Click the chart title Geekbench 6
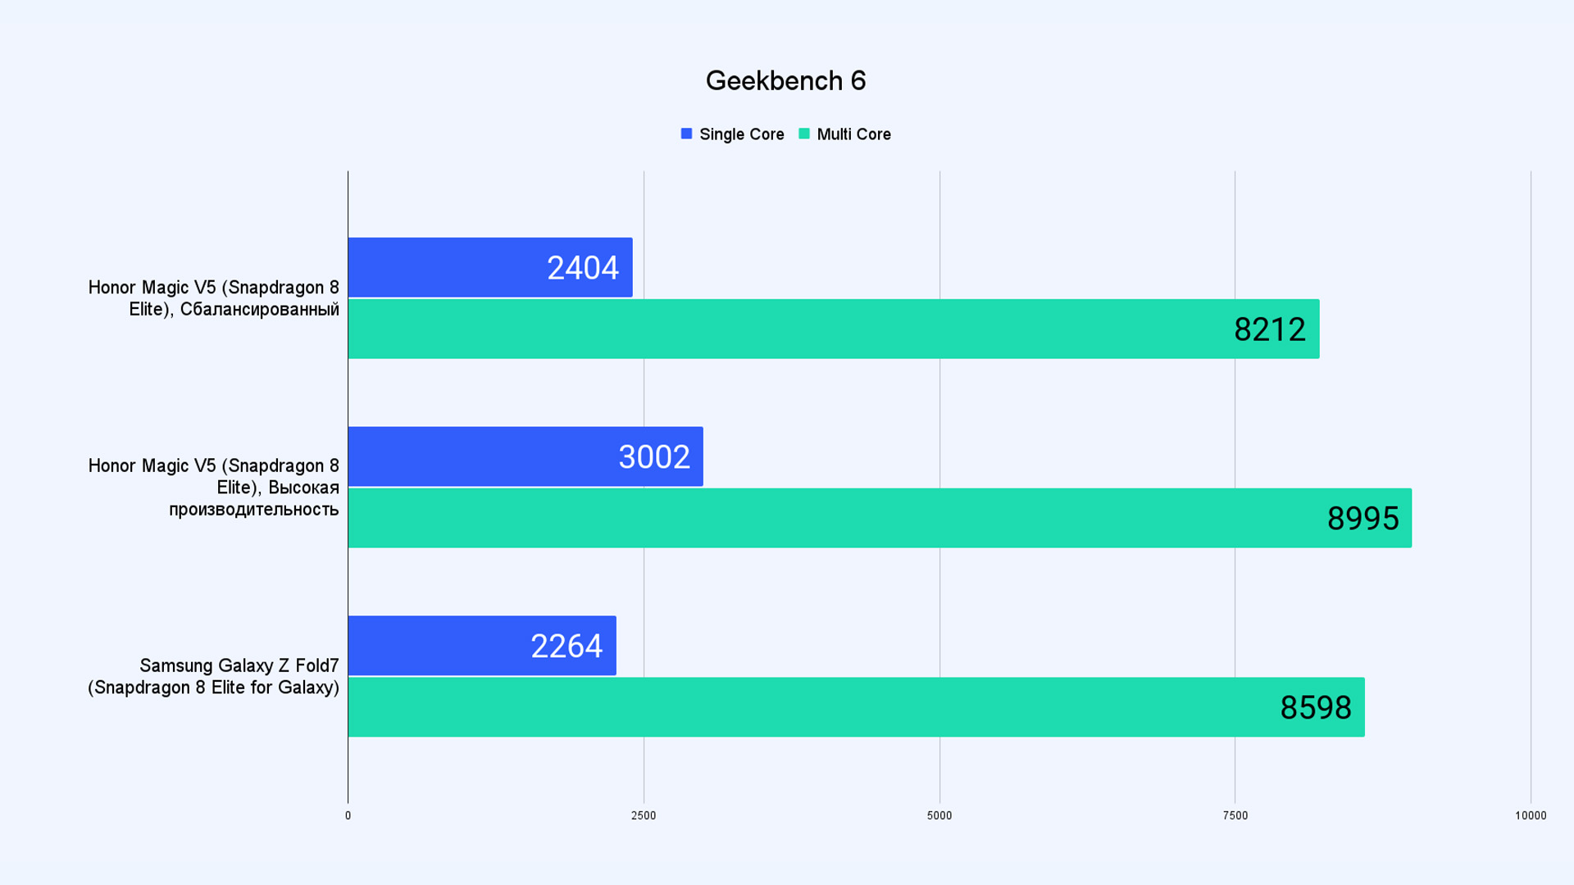[785, 80]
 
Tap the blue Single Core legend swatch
[686, 134]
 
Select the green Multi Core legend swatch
[803, 134]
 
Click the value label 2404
[582, 268]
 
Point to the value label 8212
[1269, 329]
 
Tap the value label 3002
[653, 457]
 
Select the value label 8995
[1362, 519]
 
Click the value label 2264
[566, 647]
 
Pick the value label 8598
[1315, 708]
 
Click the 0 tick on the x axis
[348, 815]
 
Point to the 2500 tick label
[644, 815]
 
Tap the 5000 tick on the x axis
[939, 815]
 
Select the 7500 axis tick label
[1235, 815]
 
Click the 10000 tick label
[1530, 815]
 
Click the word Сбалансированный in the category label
[259, 310]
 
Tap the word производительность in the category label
[253, 510]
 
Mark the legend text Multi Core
[853, 134]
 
